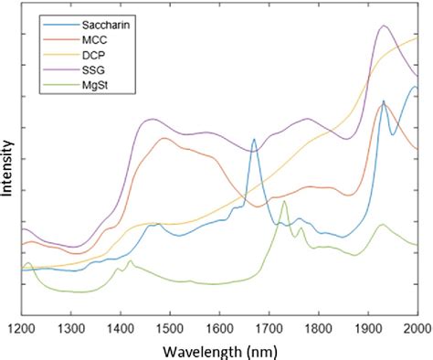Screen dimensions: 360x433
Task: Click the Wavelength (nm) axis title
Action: pyautogui.click(x=217, y=349)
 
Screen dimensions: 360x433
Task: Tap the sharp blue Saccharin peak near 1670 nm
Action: pyautogui.click(x=254, y=140)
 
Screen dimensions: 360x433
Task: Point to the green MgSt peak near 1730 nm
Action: pyautogui.click(x=285, y=201)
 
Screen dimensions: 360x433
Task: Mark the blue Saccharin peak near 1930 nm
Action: pyautogui.click(x=384, y=101)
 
